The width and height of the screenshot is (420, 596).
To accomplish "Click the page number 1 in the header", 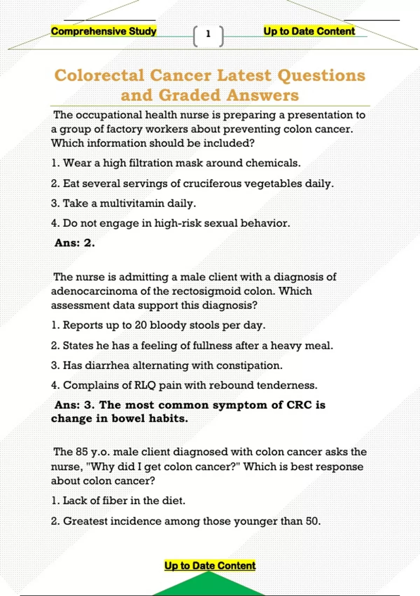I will [208, 34].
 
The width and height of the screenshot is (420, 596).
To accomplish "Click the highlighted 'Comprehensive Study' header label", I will [104, 31].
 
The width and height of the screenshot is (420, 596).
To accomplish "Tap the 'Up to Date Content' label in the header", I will [309, 31].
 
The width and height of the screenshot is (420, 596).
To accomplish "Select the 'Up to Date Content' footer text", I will [210, 565].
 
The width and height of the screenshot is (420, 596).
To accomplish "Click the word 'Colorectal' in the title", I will [99, 75].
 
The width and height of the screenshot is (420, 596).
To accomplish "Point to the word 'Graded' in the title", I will [189, 95].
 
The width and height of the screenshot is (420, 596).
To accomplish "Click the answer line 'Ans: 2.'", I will [75, 243].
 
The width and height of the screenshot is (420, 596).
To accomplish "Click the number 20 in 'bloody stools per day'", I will [141, 325].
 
